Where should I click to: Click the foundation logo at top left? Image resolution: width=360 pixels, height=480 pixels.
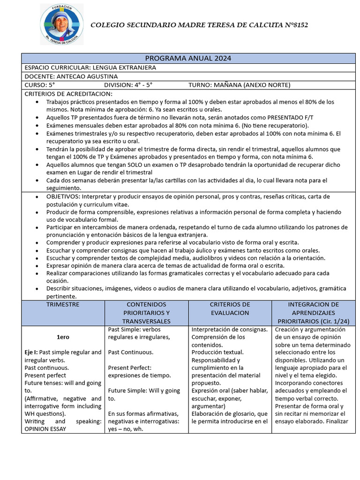[x=61, y=24]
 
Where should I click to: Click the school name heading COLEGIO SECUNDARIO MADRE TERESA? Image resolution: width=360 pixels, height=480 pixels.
[x=199, y=24]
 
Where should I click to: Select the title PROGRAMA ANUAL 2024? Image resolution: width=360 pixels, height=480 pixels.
[x=188, y=58]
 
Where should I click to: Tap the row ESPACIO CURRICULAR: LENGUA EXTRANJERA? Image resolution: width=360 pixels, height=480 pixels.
[x=90, y=67]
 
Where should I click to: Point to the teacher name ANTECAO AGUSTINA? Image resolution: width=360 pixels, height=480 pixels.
[x=87, y=76]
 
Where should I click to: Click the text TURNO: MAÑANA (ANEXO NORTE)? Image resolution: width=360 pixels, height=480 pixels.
[x=239, y=85]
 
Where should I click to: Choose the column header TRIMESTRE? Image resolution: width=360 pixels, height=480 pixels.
[x=63, y=305]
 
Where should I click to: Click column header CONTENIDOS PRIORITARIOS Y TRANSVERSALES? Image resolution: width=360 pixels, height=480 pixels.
[x=146, y=312]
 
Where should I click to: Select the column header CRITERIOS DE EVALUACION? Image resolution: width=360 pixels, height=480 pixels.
[x=230, y=308]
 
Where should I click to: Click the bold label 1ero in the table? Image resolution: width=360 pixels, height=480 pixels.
[x=63, y=337]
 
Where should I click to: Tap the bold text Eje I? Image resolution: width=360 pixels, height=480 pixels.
[x=31, y=352]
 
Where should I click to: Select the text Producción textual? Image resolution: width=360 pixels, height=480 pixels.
[x=217, y=352]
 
